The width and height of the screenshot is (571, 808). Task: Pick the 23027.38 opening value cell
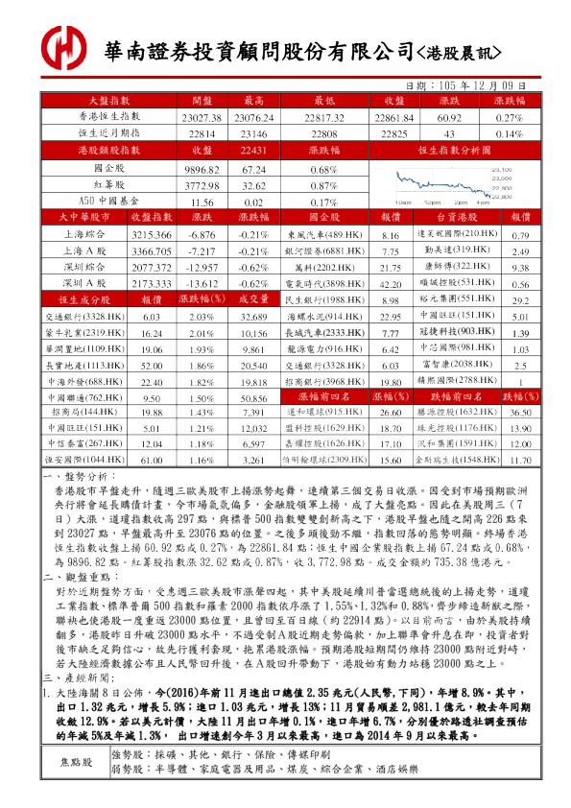pyautogui.click(x=201, y=116)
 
